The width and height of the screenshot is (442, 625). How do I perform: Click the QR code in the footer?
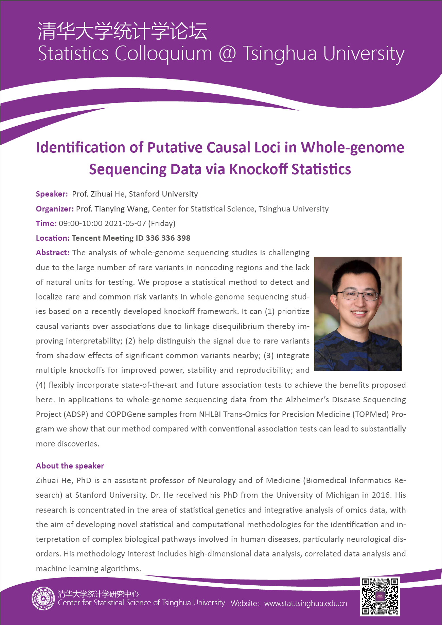click(x=380, y=596)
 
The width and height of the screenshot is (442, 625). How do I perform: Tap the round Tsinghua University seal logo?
click(x=43, y=598)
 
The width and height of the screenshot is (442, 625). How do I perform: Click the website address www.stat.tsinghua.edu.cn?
click(x=305, y=603)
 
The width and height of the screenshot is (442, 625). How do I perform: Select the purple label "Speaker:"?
click(x=52, y=194)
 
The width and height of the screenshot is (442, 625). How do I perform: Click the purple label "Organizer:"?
click(x=55, y=209)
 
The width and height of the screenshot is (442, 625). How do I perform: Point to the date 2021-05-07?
click(x=125, y=223)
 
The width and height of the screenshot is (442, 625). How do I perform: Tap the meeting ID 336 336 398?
click(x=168, y=238)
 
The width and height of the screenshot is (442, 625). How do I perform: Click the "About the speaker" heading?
click(x=70, y=466)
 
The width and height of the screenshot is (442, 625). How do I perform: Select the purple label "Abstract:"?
click(x=53, y=253)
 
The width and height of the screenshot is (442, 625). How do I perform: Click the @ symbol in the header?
click(x=227, y=54)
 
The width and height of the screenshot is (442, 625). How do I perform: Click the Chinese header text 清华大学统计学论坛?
click(x=122, y=31)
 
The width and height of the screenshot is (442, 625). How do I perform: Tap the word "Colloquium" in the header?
click(x=163, y=54)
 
